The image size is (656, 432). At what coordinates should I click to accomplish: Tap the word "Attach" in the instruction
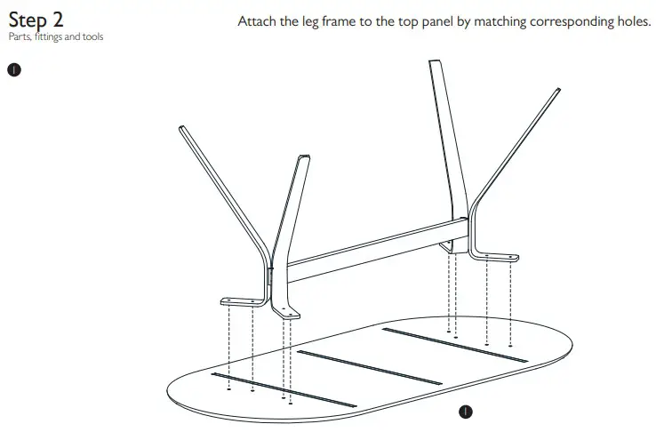pos(259,20)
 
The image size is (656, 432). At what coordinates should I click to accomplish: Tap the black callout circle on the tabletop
pos(465,411)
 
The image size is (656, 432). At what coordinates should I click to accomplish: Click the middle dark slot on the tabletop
pos(369,367)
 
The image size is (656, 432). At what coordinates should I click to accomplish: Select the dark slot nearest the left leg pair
pos(271,388)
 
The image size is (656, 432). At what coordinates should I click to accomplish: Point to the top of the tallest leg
pos(436,63)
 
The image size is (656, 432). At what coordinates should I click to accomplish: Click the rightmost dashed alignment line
pos(510,302)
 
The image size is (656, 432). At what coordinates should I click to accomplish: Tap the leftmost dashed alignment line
pos(229,347)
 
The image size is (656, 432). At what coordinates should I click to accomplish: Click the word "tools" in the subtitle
pos(92,37)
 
